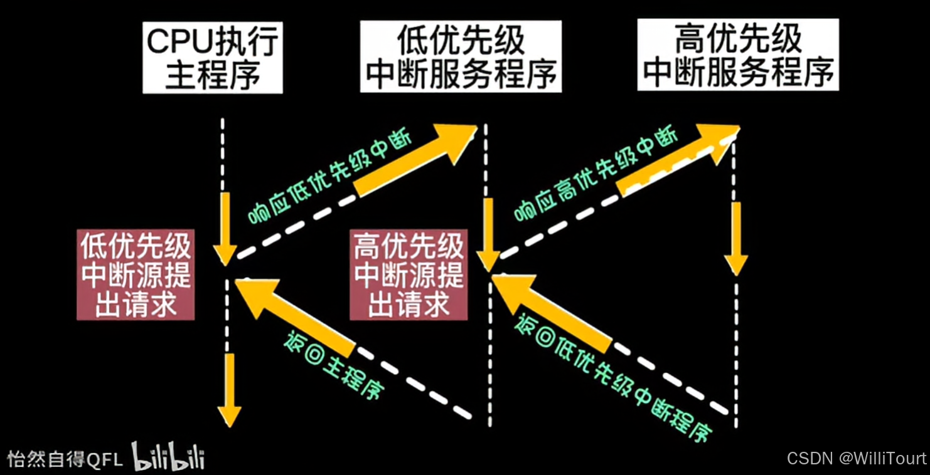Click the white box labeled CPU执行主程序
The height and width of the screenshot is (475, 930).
coord(212,58)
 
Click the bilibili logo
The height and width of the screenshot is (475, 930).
coord(168,456)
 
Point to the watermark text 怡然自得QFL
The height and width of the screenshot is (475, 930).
coord(65,459)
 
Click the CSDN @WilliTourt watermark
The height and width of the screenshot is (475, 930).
coord(856,458)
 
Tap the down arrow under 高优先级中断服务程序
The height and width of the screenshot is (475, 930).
coord(736,239)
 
